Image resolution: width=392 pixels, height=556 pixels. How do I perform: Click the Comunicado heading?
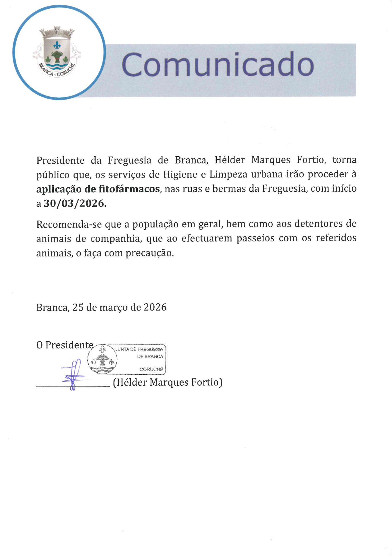(x=218, y=64)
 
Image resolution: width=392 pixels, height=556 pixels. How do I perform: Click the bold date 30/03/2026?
(x=75, y=203)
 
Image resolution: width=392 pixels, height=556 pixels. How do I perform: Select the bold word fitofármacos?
(x=129, y=189)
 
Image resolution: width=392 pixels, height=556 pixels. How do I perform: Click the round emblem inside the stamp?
(x=102, y=359)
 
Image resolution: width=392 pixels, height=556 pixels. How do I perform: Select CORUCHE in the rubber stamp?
(x=151, y=369)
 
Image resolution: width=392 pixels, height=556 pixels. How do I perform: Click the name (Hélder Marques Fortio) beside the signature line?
(x=168, y=382)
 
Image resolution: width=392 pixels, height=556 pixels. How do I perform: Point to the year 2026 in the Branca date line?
(x=155, y=307)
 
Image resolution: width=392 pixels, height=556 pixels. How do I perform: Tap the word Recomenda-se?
(x=69, y=224)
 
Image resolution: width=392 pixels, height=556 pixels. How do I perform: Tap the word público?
(x=53, y=175)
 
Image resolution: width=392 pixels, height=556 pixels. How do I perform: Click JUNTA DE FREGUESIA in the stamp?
(x=139, y=349)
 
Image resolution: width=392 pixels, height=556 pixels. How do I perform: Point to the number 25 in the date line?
(x=78, y=307)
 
